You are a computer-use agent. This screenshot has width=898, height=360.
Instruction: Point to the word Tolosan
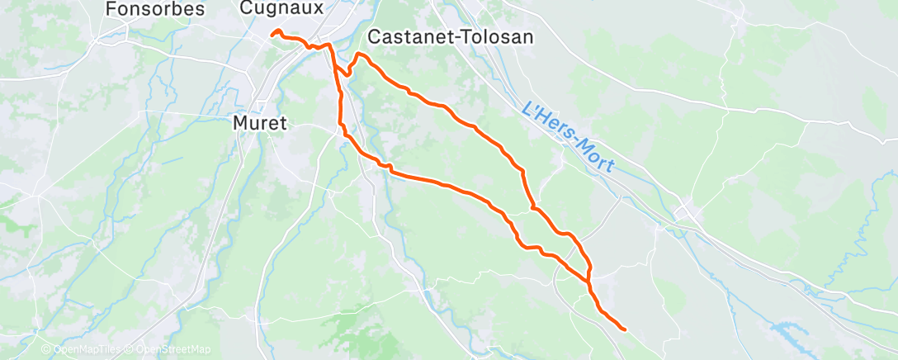click(x=501, y=37)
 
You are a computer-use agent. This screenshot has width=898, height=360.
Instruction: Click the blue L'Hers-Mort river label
click(x=569, y=137)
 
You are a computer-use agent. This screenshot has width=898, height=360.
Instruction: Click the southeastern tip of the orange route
click(x=624, y=329)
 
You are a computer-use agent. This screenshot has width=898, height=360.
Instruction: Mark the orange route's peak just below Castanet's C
click(x=359, y=54)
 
